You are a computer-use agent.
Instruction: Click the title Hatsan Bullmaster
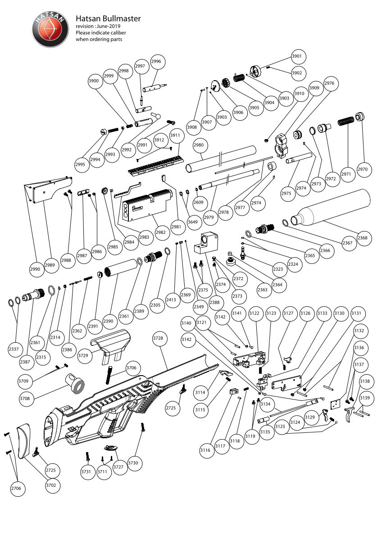108,18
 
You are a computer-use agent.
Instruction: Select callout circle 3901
296,56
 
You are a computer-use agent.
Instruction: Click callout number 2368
362,238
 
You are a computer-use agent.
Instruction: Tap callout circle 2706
18,488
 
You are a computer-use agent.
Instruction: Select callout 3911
175,136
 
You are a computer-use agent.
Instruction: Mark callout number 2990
35,269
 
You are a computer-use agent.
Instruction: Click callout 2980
199,145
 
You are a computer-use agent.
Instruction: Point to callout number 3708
25,398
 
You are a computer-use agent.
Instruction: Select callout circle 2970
363,169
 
